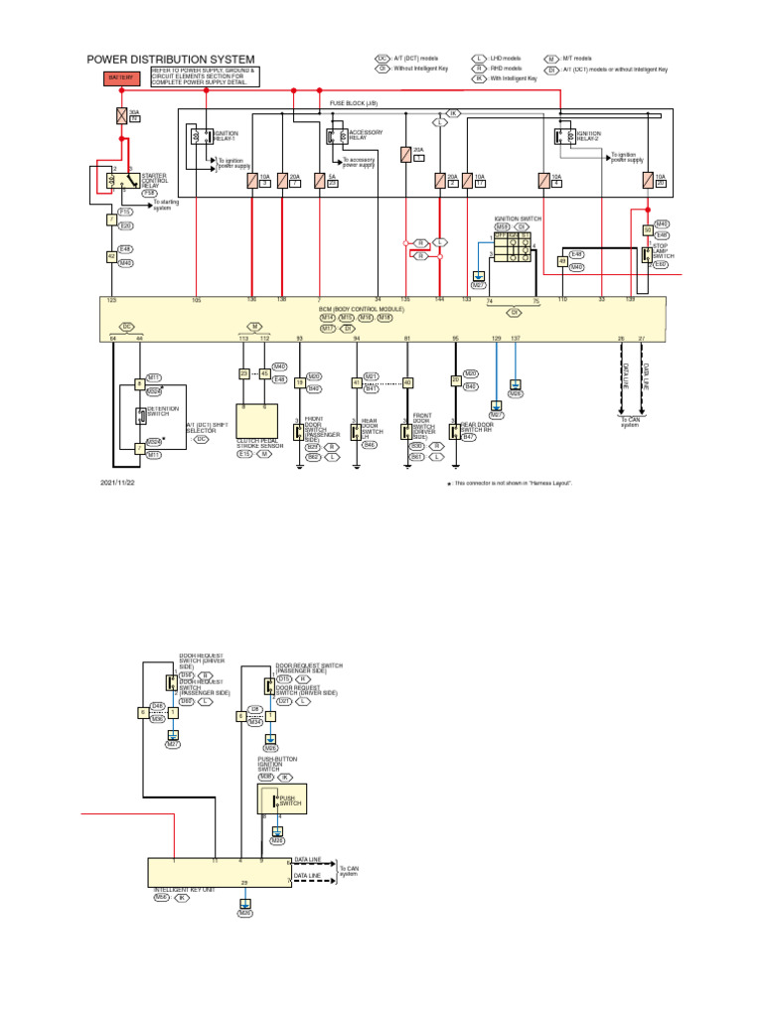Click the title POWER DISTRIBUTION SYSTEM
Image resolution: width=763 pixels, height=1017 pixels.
(x=171, y=60)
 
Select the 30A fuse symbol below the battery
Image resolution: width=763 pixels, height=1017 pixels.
(x=122, y=116)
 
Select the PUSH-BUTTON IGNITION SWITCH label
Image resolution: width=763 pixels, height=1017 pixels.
(x=269, y=763)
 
